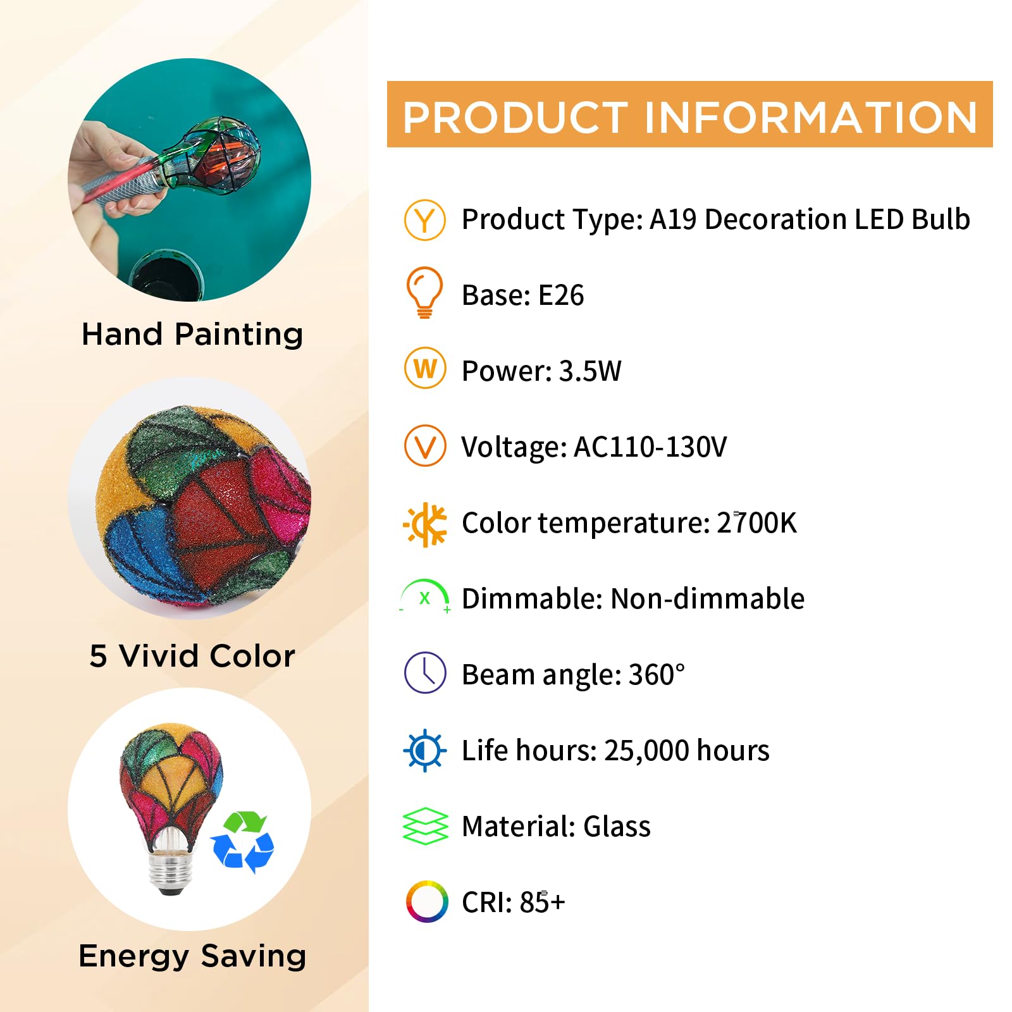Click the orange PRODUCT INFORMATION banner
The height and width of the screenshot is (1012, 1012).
pos(689,114)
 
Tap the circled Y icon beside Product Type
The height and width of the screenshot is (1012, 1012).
pos(425,219)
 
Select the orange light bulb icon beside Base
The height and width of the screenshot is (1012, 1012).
pos(424,292)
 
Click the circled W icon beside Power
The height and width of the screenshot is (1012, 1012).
pos(425,368)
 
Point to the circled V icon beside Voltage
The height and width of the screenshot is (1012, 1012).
pos(425,446)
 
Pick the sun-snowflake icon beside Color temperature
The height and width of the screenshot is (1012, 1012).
pos(425,524)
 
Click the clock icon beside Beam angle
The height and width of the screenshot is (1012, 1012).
pos(425,672)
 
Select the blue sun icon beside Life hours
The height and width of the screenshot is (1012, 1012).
pos(425,751)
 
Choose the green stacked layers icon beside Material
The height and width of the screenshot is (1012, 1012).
pos(425,826)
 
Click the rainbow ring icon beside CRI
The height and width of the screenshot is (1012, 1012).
pos(427,901)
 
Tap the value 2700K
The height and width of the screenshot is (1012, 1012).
pos(756,523)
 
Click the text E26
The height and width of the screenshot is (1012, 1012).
pos(560,295)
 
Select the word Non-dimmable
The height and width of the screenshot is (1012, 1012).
pos(707,599)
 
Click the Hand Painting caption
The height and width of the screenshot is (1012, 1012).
pos(192,334)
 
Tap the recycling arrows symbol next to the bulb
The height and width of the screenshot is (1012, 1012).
pos(242,842)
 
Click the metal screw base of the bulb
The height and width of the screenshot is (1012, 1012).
pos(170,870)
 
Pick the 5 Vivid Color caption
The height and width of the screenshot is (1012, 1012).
pos(192,656)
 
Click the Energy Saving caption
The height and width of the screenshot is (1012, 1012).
pos(192,956)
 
